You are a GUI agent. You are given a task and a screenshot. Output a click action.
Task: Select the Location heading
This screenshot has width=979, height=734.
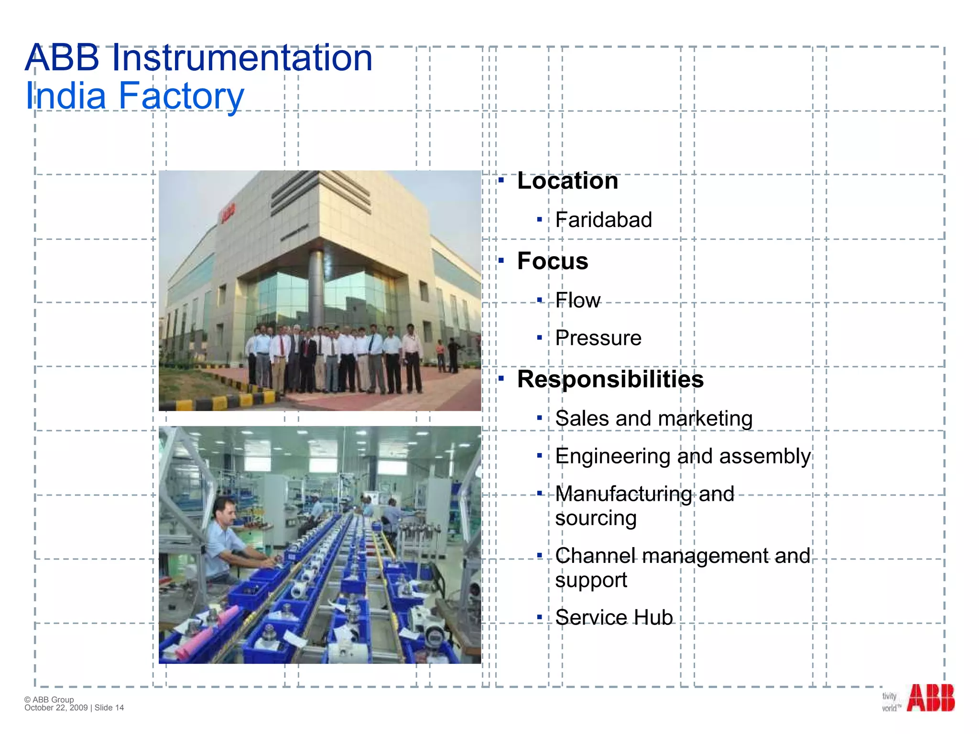567,181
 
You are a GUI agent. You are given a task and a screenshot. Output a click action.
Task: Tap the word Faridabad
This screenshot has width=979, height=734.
603,220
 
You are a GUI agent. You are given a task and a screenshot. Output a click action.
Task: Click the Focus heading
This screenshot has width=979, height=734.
553,261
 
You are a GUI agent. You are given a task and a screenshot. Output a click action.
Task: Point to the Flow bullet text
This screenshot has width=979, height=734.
577,300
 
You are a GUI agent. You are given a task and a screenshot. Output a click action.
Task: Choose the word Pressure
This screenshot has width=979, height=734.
598,338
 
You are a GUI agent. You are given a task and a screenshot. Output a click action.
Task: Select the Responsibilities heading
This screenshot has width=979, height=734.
610,379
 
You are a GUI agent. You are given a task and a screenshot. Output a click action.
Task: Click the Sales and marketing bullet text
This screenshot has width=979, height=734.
653,419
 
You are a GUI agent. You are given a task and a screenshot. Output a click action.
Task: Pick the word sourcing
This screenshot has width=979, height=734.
596,518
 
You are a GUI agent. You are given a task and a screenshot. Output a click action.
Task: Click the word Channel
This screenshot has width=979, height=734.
595,556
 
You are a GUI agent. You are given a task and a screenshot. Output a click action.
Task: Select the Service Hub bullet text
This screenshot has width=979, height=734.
614,617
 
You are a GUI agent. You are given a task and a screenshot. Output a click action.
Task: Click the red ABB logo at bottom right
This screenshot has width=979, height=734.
930,698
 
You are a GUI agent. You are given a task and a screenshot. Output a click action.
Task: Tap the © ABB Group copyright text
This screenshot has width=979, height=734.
49,700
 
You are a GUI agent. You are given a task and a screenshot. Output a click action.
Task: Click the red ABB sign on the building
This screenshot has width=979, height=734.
228,213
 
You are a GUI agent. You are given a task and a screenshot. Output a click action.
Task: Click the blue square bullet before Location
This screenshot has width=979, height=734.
501,181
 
